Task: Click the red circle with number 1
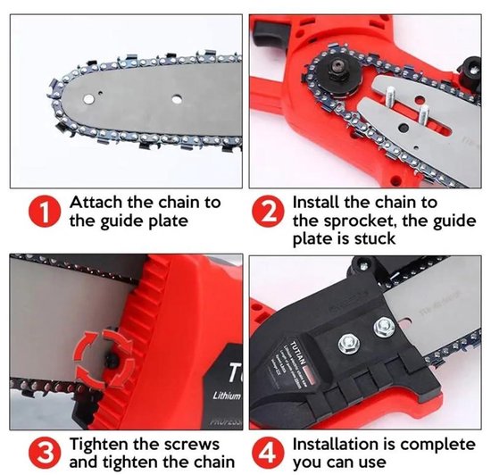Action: coord(44,211)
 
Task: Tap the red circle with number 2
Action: coord(268,211)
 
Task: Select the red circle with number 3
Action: coord(44,453)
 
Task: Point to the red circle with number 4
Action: coord(268,453)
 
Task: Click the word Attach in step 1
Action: coord(96,203)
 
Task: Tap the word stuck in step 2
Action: coord(375,238)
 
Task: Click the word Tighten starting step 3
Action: coord(99,445)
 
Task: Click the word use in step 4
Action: coord(372,463)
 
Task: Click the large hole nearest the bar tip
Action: coord(88,99)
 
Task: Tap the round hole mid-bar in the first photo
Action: coord(177,99)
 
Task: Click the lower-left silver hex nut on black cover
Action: coord(349,343)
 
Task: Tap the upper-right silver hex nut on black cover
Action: coord(384,328)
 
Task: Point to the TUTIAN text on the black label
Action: coord(297,353)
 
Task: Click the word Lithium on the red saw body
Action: coord(227,396)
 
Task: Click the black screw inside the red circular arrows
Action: coord(112,361)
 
